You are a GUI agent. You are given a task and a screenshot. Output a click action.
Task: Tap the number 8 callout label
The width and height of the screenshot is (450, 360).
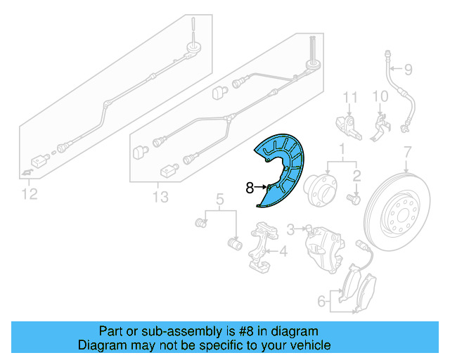point(250,188)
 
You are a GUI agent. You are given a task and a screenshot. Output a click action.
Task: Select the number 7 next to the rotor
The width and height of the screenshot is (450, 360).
point(406,152)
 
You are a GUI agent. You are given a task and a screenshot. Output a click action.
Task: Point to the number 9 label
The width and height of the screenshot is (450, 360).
point(406,69)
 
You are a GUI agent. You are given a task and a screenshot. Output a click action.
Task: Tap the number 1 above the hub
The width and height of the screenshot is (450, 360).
point(342,149)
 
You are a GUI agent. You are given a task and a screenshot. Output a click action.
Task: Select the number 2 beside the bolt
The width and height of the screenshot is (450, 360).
point(356,175)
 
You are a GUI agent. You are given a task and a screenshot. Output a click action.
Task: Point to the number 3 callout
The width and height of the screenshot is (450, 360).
point(290,229)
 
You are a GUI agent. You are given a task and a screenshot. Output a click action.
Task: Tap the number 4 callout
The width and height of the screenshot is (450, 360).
point(283,251)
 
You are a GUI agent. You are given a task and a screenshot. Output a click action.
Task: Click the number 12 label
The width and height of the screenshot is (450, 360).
point(30,194)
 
